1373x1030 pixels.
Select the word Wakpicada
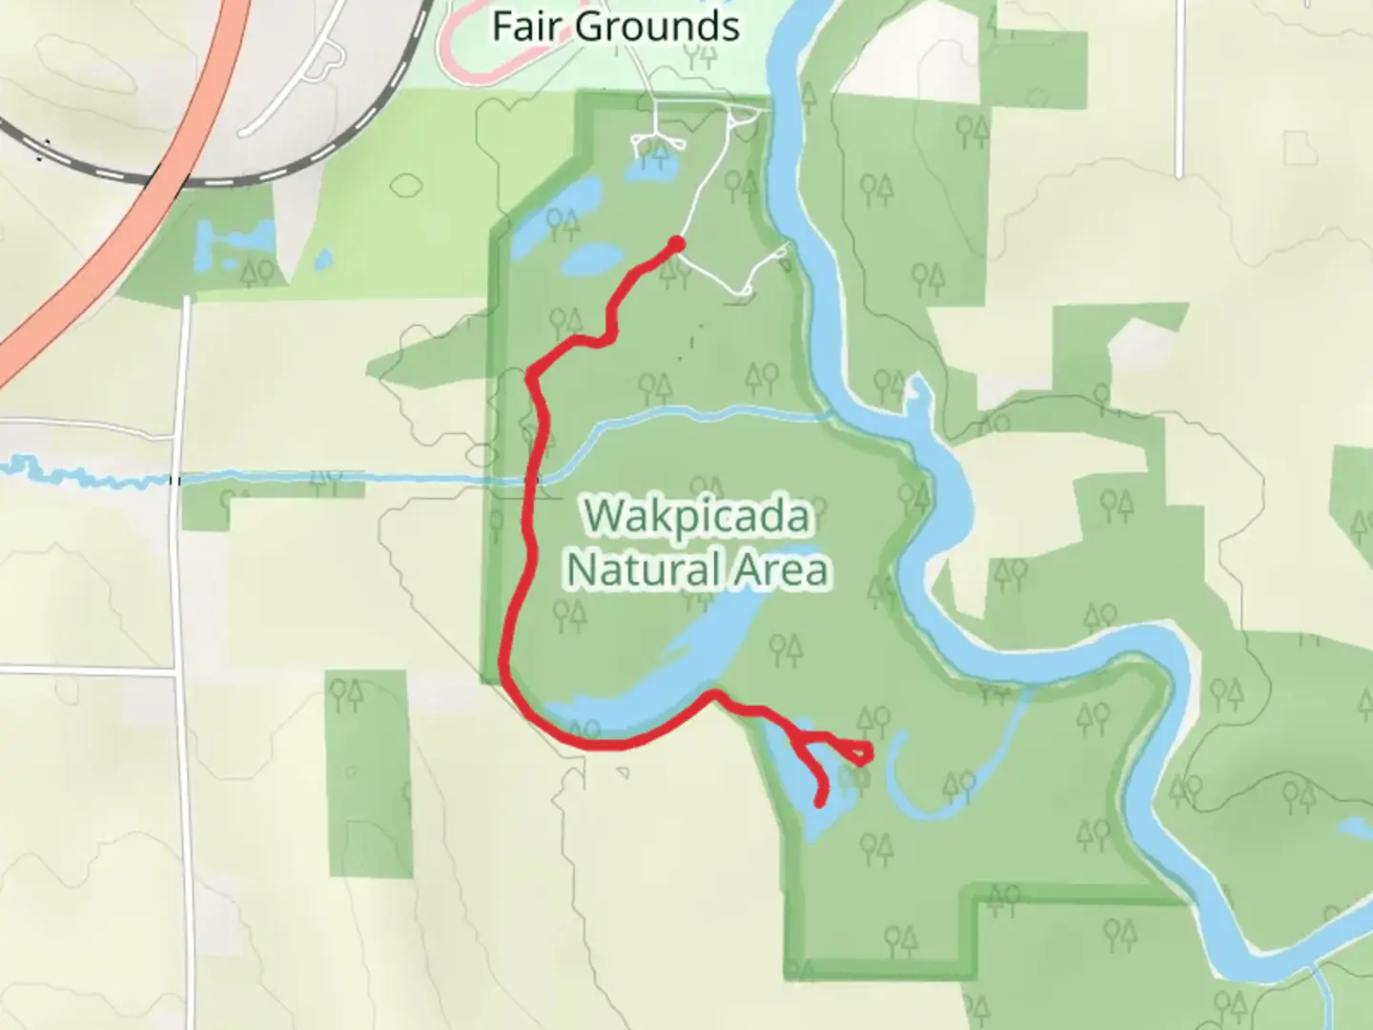click(x=698, y=518)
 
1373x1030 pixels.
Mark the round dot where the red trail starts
click(x=676, y=244)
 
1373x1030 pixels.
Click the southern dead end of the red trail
click(x=820, y=802)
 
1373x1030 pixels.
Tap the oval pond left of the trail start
click(x=591, y=258)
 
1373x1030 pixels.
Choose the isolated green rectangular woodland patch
click(x=370, y=772)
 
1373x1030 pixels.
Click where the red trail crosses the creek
click(x=537, y=476)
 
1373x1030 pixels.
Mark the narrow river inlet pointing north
click(x=917, y=401)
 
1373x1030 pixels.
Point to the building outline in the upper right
click(x=1300, y=148)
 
